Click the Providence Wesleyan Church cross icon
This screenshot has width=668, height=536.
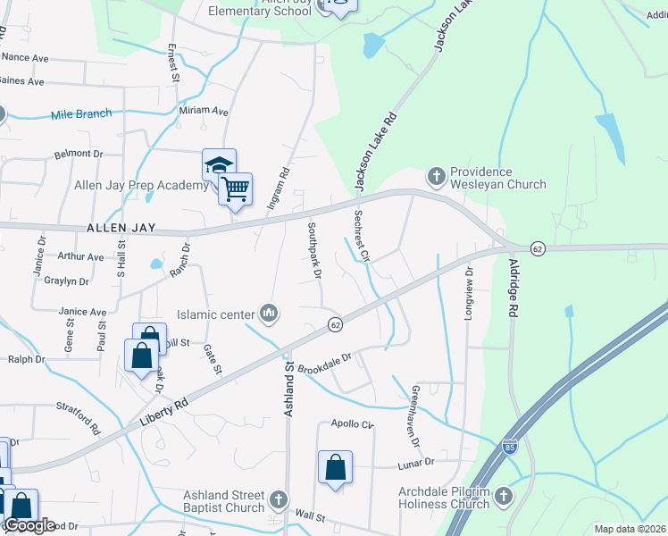[x=437, y=176]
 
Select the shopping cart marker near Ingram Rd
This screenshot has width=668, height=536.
[x=235, y=189]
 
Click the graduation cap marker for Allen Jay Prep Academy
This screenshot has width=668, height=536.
[x=219, y=165]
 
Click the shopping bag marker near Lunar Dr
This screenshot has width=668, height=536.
[x=335, y=467]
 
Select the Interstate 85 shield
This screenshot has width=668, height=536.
[x=509, y=448]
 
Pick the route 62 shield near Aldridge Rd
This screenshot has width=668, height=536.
[x=537, y=247]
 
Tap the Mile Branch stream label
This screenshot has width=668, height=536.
[x=81, y=113]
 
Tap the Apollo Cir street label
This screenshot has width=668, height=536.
[x=352, y=423]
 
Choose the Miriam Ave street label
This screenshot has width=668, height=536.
[x=204, y=111]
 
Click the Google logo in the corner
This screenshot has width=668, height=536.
[x=29, y=525]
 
